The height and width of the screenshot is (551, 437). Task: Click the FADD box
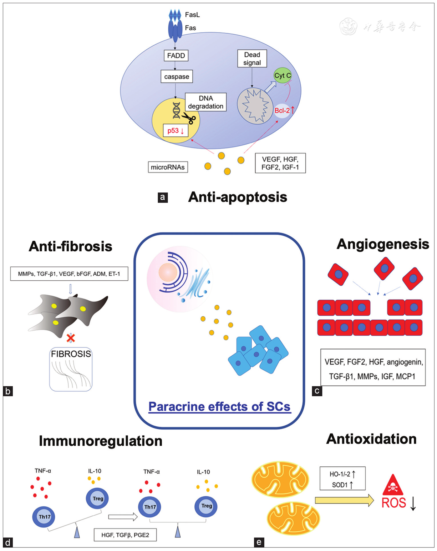176,56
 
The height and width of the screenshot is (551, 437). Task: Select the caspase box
177,77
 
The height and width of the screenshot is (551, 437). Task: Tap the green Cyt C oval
283,76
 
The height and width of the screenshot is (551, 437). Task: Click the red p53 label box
176,131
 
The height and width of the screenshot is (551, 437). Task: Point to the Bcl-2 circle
283,111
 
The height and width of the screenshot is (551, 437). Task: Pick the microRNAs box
168,167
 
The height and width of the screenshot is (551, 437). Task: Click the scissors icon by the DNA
189,118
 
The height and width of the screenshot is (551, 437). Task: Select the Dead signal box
252,59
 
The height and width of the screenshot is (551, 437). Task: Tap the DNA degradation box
206,102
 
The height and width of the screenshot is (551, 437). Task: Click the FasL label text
192,15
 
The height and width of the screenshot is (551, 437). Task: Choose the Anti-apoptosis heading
238,197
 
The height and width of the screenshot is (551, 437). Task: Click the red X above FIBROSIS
71,337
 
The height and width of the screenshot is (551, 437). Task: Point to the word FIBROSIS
71,354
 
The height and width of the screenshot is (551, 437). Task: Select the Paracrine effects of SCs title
219,407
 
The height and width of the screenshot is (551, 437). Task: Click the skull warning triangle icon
393,485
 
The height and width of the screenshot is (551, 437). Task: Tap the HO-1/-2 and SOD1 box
342,479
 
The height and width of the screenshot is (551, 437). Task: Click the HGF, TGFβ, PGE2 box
125,535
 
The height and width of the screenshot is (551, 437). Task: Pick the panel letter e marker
259,542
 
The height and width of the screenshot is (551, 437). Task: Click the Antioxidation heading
371,439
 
